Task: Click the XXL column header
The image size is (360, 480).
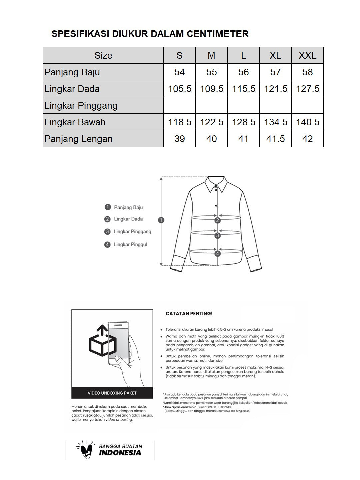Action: [307, 55]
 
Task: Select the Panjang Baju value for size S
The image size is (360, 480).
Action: [179, 72]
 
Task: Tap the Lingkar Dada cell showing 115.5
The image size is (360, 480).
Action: [244, 89]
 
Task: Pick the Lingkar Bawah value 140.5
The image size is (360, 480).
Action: [307, 122]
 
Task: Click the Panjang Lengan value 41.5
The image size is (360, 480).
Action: [275, 139]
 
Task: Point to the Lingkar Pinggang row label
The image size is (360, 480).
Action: [81, 105]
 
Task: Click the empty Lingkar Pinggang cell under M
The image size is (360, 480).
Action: [211, 105]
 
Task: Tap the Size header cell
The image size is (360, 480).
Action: [103, 55]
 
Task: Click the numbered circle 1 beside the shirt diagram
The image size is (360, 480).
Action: [161, 220]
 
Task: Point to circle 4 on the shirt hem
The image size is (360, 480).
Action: [218, 254]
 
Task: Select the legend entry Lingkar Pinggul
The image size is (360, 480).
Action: [130, 245]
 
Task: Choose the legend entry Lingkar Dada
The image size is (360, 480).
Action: [128, 219]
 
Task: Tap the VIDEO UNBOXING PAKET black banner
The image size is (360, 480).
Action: [112, 393]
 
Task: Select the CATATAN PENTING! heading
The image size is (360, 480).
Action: [189, 314]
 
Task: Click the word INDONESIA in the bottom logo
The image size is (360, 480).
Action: [120, 453]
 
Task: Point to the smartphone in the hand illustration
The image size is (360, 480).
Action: [119, 343]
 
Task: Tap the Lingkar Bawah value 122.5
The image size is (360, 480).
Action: [211, 122]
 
